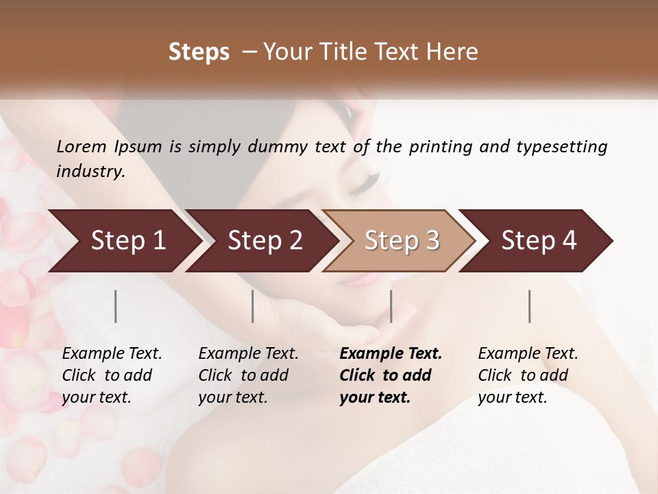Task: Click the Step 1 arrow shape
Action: pos(127,241)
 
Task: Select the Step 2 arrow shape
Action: pos(265,241)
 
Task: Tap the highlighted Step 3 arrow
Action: pos(402,241)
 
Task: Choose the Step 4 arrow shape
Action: pos(539,241)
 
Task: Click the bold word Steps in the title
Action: pos(199,52)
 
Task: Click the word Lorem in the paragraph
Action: pos(82,146)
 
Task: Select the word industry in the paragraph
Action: pos(90,171)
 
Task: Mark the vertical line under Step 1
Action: pos(115,306)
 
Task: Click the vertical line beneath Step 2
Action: pos(253,306)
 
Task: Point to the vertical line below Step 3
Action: pos(391,306)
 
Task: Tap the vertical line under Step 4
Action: pos(529,306)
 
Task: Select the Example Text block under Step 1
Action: pos(112,375)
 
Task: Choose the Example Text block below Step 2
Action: pos(248,375)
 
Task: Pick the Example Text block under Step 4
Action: pos(528,375)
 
